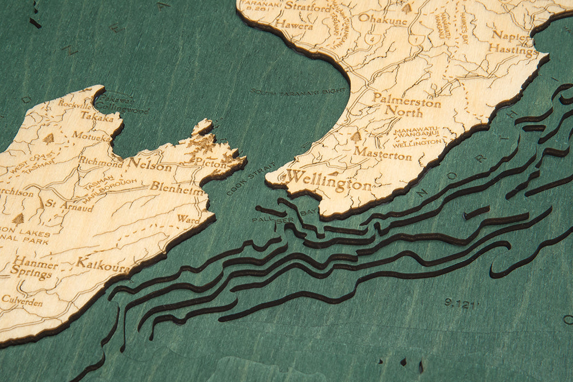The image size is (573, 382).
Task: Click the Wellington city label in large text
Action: pos(328,181)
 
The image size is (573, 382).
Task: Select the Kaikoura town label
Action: pos(103,264)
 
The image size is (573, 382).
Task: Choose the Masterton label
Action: pos(382,154)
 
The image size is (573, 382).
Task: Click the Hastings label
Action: pos(515,50)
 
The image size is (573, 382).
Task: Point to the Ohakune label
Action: pos(382,19)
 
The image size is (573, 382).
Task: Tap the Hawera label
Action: pos(294,25)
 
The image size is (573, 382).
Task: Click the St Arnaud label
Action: pos(69,206)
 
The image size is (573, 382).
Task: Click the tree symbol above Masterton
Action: pos(356,137)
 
